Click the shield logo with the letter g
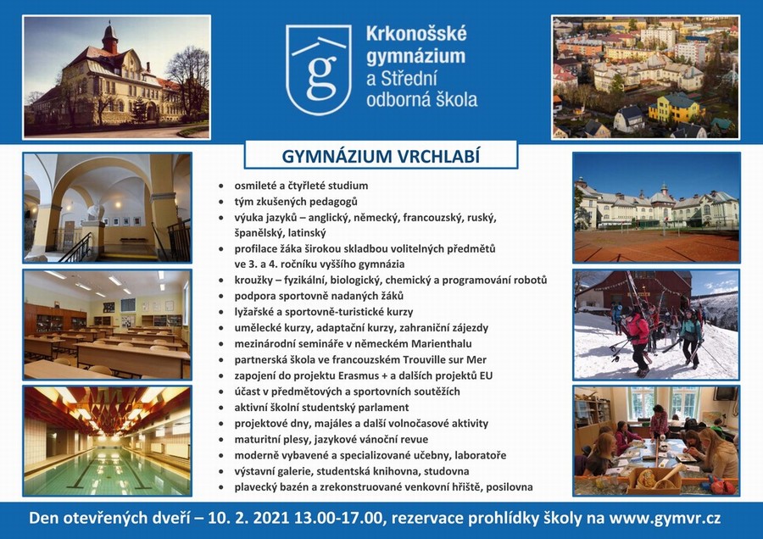pos(319,69)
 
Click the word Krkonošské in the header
pos(416,34)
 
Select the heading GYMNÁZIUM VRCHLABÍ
pos(381,156)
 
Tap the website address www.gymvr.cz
pos(665,518)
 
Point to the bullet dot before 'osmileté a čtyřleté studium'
pos(222,186)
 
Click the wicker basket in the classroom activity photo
pos(653,478)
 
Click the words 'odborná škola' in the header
pos(421,99)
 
